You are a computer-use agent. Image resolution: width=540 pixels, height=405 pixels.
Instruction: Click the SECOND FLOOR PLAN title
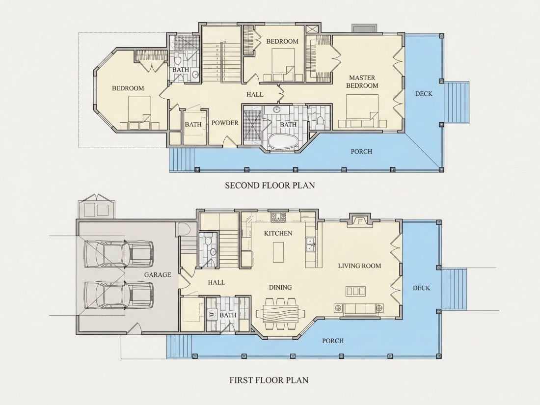point(270,185)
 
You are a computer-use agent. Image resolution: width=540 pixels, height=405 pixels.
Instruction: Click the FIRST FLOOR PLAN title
point(269,380)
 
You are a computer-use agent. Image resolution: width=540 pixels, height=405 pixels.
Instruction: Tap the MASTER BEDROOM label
point(362,81)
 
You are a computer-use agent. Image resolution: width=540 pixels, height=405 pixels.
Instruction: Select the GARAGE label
point(158,275)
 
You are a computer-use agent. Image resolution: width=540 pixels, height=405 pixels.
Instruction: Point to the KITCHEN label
point(278,233)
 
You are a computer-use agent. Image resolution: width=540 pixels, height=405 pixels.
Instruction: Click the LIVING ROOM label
point(359,266)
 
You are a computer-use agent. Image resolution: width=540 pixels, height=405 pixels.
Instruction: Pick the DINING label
point(280,287)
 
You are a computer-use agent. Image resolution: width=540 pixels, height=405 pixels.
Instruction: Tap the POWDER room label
point(224,123)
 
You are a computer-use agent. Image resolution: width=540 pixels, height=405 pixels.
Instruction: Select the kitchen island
point(279,252)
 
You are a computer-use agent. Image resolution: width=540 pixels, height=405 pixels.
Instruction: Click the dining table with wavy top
point(280,313)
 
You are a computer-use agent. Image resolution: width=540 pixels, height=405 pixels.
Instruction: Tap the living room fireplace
point(359,220)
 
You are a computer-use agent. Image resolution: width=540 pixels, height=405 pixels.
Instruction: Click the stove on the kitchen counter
point(278,217)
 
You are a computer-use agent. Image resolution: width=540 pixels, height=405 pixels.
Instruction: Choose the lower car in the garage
point(119,296)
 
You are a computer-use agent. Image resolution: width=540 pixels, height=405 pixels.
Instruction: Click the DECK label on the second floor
point(424,94)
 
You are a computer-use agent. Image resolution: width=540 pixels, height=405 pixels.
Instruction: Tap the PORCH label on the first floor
point(333,341)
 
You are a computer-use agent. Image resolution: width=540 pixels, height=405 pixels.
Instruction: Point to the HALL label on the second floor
point(255,94)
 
